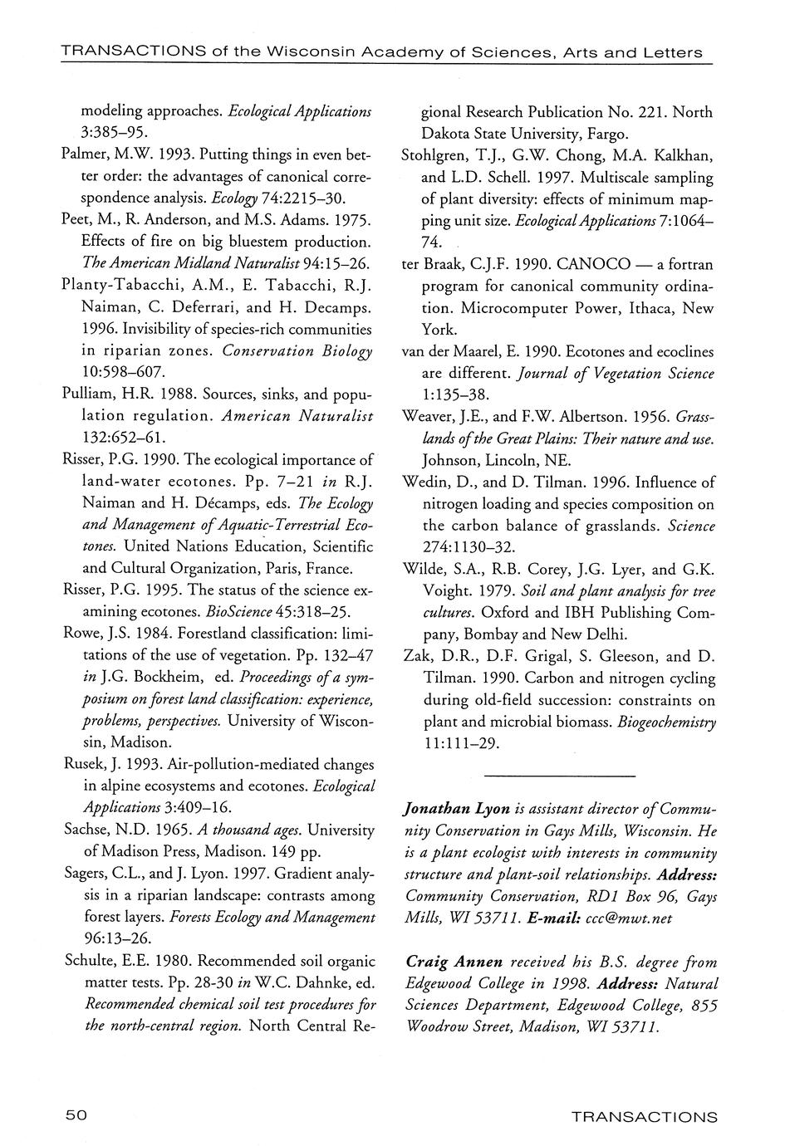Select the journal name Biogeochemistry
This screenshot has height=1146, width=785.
point(667,721)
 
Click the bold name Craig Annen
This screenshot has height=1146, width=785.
point(454,962)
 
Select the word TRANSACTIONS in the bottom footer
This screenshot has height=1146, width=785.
point(645,1117)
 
